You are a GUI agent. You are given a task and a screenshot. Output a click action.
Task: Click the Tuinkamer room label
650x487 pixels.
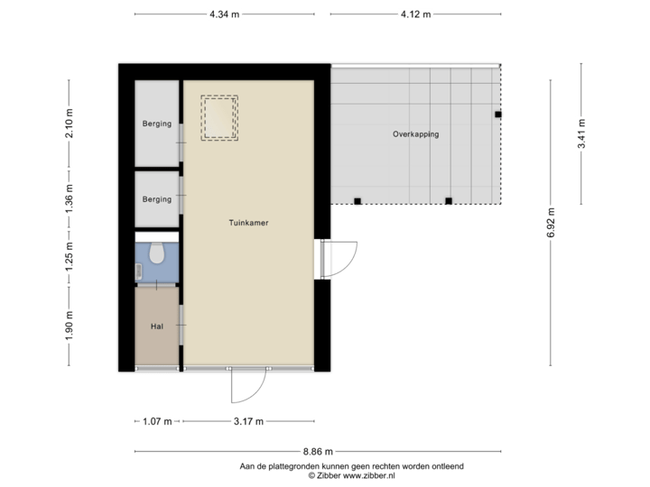coord(248,222)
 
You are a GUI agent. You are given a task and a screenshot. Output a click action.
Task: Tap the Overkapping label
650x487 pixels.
coord(415,134)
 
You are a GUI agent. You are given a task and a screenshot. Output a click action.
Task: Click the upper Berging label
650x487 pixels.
coord(156,124)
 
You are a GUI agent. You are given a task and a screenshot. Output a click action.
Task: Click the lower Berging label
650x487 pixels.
coord(156,199)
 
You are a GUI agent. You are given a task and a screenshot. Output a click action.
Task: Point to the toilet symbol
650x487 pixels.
coord(157,254)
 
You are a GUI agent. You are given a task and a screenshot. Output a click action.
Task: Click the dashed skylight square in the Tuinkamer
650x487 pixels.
coord(218,117)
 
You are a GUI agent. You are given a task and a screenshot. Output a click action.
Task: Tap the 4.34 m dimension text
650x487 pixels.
coord(224,14)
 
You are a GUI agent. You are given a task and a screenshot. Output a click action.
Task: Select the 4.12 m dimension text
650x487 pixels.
coord(415,14)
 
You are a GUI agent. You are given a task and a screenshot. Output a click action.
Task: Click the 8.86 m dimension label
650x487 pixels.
coord(317,451)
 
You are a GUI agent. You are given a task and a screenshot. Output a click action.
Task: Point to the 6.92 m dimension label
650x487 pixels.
coord(550,222)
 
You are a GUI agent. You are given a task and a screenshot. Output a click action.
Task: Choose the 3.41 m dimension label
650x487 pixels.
coord(581,134)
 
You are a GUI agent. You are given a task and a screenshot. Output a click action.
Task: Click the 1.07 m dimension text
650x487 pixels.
coord(156,420)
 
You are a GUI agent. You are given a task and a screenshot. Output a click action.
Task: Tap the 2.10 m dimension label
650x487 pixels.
coord(69,123)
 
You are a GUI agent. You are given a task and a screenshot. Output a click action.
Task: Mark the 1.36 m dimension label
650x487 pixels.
coord(69,199)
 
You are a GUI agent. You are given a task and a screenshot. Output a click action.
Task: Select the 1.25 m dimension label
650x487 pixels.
coord(69,257)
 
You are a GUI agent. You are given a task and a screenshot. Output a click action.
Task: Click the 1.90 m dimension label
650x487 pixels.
coord(69,325)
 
